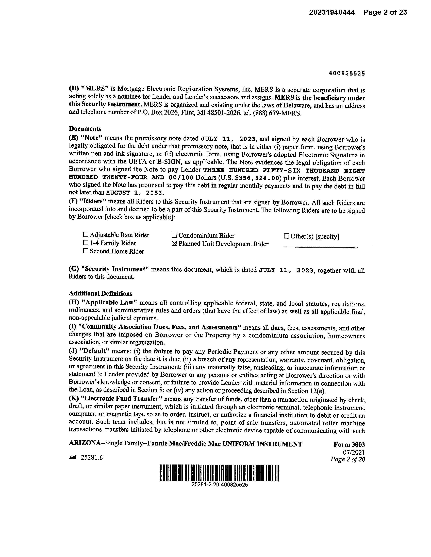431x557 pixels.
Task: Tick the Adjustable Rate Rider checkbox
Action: pyautogui.click(x=86, y=234)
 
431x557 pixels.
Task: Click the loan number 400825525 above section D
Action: pyautogui.click(x=347, y=74)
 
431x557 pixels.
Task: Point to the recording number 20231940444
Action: pyautogui.click(x=332, y=12)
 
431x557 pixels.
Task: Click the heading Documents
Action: pyautogui.click(x=85, y=129)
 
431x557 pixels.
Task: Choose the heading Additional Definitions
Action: pyautogui.click(x=101, y=293)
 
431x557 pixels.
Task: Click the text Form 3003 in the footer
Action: pyautogui.click(x=349, y=444)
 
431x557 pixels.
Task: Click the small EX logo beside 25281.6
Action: pyautogui.click(x=73, y=457)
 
